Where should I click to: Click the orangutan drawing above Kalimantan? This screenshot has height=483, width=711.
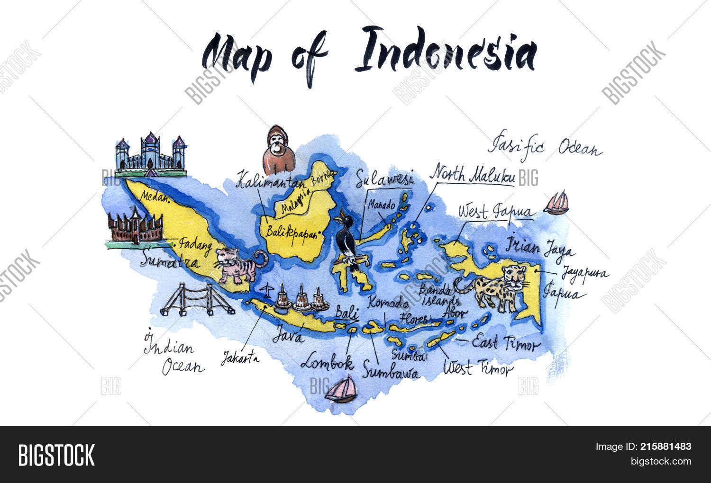coord(279,150)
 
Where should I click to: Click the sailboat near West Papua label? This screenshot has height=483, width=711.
coord(556,203)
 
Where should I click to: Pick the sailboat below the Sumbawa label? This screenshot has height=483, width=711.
coord(342,390)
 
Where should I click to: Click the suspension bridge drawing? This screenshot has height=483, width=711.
coord(197,300)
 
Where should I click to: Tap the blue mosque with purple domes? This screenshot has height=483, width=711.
coord(151,153)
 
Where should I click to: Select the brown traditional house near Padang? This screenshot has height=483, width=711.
coord(135,226)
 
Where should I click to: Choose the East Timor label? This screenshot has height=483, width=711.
coord(506,343)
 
